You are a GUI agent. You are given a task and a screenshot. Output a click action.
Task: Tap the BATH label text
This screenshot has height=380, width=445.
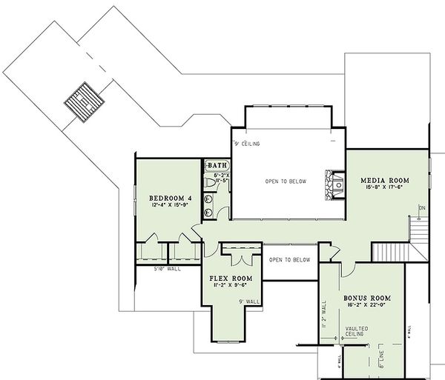[x=217, y=165]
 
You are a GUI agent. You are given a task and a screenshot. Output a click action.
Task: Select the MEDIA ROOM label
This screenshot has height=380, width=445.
[x=384, y=180]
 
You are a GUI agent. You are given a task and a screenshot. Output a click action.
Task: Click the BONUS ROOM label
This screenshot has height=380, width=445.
[x=367, y=298]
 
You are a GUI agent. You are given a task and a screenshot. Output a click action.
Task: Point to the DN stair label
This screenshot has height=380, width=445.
[x=422, y=207]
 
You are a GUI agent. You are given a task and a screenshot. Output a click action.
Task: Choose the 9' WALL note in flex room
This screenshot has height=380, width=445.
[x=248, y=301]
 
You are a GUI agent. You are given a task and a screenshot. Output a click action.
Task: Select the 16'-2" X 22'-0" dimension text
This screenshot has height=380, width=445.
[x=367, y=306]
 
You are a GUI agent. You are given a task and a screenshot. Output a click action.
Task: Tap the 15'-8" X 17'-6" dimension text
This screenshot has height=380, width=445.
[x=384, y=188]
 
